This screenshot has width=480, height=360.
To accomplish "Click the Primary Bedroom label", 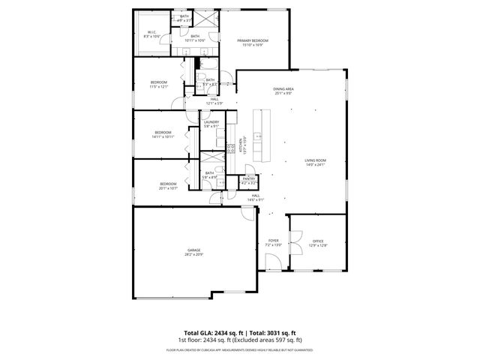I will [x=253, y=40].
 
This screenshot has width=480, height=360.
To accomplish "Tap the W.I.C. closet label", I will [x=151, y=32].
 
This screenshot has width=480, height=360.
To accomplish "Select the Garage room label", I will [x=193, y=250].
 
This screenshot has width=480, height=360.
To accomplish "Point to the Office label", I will [x=318, y=241].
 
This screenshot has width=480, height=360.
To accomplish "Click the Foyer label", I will [x=274, y=241].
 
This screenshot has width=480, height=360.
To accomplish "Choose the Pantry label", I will [x=249, y=178].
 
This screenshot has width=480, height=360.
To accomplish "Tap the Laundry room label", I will [x=211, y=122].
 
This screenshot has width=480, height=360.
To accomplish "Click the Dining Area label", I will [x=283, y=89].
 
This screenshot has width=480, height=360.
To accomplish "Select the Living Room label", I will [x=315, y=160].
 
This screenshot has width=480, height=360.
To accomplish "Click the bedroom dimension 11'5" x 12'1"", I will [x=158, y=86].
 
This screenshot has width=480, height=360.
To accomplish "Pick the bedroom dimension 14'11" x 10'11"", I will [x=163, y=137].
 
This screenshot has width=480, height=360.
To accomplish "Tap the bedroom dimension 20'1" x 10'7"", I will [x=168, y=187].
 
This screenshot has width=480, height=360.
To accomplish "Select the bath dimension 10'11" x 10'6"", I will [x=195, y=40].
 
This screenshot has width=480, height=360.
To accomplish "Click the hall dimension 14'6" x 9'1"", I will [x=256, y=199].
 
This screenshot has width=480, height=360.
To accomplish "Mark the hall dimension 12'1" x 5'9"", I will [x=214, y=103].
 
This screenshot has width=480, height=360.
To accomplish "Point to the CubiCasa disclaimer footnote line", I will [x=240, y=349].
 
